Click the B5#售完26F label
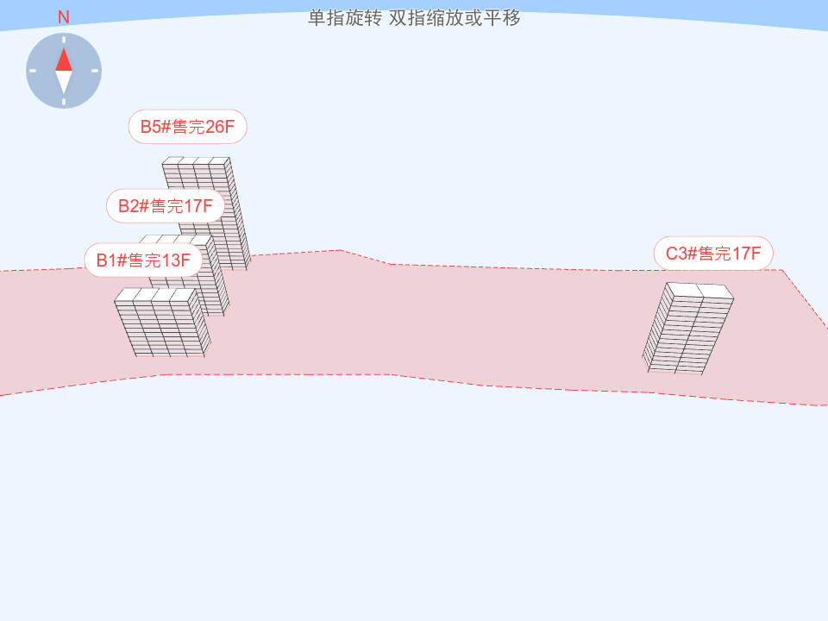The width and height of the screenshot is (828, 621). pos(187,127)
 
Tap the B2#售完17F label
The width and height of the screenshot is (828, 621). pos(165,206)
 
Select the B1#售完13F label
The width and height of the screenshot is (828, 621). pos(142,260)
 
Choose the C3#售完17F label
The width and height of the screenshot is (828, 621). pos(713,254)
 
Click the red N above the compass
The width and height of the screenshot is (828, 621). pos(64,17)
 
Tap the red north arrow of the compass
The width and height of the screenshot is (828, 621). pos(64,60)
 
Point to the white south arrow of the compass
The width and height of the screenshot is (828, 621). pos(64,82)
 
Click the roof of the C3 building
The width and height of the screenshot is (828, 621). pos(699,291)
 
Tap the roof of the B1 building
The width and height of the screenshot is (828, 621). pos(155,295)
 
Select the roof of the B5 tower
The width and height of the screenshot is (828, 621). pos(196,161)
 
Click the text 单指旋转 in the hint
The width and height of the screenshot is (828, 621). pos(344,18)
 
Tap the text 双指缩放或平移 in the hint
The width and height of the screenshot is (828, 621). pos(455,18)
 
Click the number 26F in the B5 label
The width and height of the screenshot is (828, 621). pos(219,127)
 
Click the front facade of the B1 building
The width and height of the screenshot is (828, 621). pos(160,328)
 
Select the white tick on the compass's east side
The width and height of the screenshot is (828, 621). pos(95,71)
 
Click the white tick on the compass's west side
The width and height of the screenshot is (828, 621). pos(33,71)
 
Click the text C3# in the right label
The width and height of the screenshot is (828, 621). pos(681,254)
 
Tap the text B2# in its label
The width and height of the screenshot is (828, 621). pos(133,206)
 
